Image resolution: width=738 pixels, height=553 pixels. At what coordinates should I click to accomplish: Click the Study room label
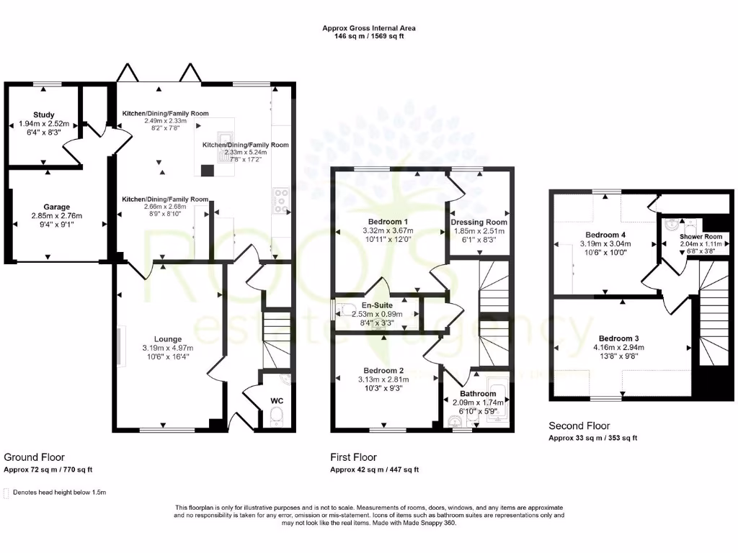tap(44, 114)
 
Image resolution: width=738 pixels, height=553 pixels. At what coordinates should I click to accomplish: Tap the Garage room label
tap(56, 207)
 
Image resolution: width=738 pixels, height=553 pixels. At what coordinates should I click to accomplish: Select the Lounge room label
tap(167, 339)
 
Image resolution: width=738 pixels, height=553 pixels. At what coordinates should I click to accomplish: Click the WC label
tap(277, 400)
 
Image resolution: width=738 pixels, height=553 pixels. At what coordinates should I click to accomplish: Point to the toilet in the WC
tap(275, 417)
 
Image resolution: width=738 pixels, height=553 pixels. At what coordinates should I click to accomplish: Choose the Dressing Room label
tap(479, 222)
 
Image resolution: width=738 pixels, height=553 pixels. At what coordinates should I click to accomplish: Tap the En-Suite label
tap(378, 305)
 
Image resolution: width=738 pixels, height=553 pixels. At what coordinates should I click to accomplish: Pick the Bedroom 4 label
tap(602, 235)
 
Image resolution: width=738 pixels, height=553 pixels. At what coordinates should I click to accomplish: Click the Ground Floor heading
tap(34, 457)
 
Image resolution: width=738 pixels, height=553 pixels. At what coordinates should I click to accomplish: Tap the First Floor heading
tap(353, 457)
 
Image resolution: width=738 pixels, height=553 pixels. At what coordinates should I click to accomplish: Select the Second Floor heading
tap(579, 426)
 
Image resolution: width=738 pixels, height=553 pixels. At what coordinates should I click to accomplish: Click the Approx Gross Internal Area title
tap(368, 29)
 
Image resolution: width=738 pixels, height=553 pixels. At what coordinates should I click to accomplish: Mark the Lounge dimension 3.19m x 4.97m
tap(167, 348)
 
